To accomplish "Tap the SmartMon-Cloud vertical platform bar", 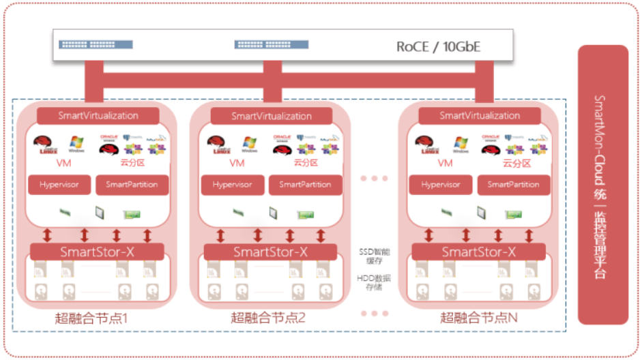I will [602, 185].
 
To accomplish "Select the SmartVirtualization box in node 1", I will [98, 115].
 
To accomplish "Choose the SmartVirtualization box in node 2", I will [272, 115].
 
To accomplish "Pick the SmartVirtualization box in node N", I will [480, 115].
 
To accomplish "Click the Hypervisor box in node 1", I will [59, 185].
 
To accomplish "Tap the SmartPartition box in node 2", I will [305, 185].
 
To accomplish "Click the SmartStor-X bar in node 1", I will [98, 252].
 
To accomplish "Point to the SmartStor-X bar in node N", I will [479, 252].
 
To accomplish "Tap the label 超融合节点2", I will [268, 318].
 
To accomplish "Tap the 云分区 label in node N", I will [516, 164].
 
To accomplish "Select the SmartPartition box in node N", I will [514, 185].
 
